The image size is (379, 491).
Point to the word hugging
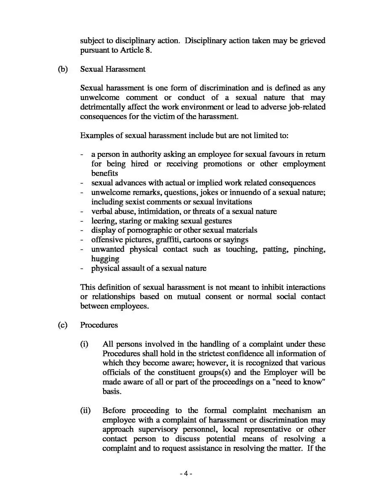click(x=105, y=259)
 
